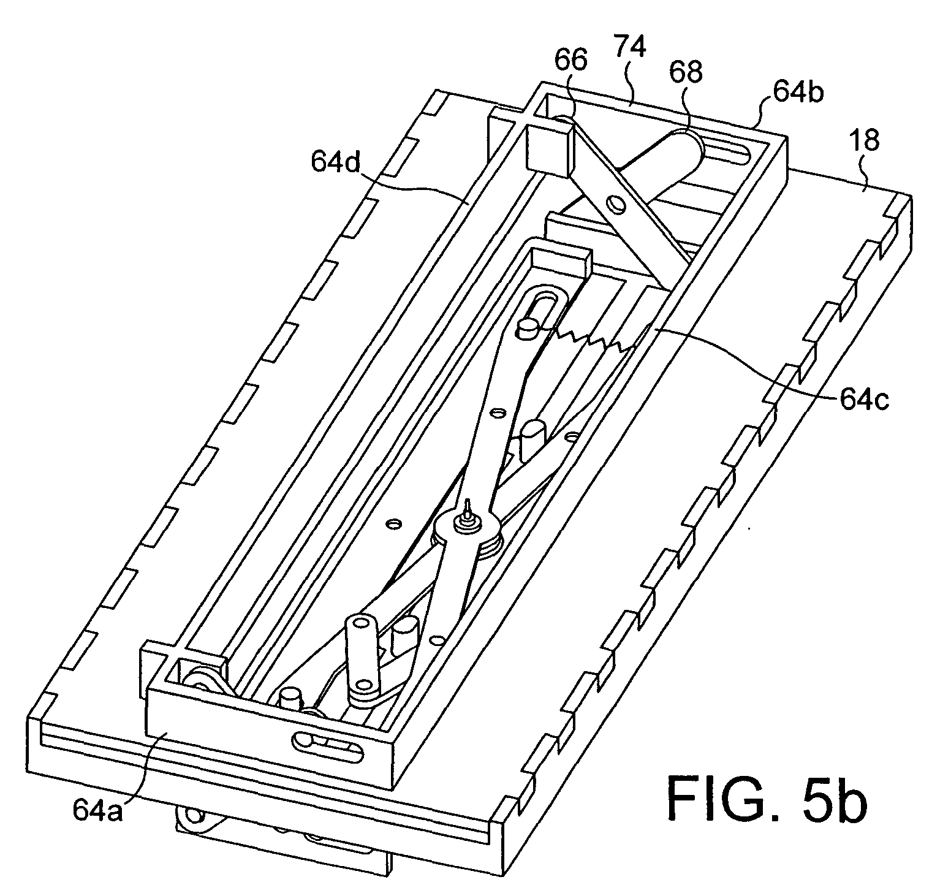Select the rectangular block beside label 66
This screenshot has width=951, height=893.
(x=549, y=147)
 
